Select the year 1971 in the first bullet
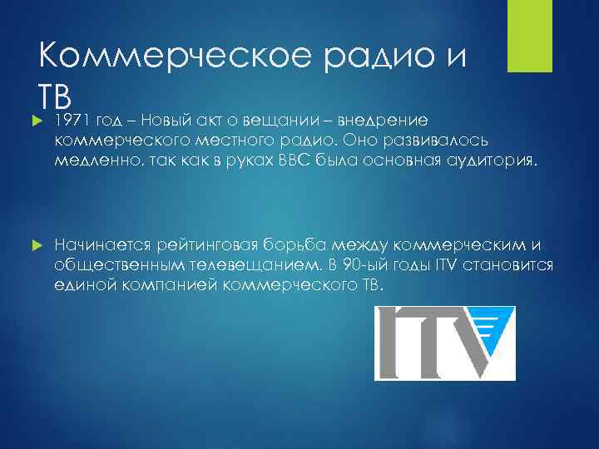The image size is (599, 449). pyautogui.click(x=72, y=122)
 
